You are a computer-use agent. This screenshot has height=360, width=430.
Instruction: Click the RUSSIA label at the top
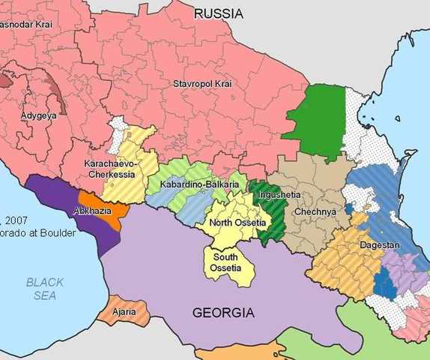pyautogui.click(x=218, y=13)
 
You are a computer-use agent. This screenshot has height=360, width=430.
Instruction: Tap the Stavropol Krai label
pyautogui.click(x=202, y=82)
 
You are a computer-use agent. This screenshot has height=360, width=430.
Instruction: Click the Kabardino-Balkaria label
pyautogui.click(x=193, y=184)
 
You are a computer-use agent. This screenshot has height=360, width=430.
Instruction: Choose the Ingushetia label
pyautogui.click(x=279, y=195)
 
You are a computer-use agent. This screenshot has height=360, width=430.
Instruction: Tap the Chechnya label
pyautogui.click(x=315, y=211)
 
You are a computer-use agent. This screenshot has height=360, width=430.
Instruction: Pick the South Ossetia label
pyautogui.click(x=225, y=262)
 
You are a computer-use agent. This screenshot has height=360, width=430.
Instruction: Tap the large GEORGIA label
pyautogui.click(x=224, y=312)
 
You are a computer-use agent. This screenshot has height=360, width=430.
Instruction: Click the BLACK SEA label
pyautogui.click(x=45, y=289)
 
